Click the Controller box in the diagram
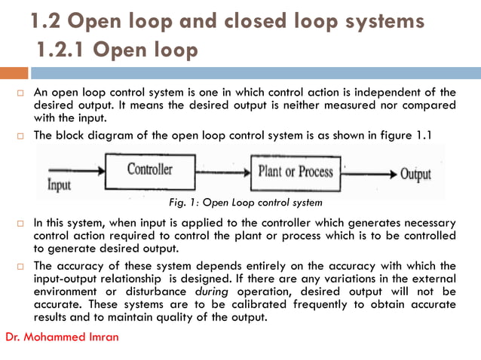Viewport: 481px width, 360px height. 149,171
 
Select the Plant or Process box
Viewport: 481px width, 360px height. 295,172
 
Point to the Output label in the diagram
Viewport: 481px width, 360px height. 415,175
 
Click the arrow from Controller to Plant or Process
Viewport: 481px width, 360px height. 222,172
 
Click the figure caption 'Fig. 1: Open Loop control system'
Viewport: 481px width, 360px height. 247,203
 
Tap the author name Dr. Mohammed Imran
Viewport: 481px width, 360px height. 62,336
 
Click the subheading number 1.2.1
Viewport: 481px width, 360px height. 63,50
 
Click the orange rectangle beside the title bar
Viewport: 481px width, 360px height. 14,73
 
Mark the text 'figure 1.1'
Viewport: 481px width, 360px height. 406,136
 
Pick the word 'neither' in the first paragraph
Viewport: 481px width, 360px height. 278,105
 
